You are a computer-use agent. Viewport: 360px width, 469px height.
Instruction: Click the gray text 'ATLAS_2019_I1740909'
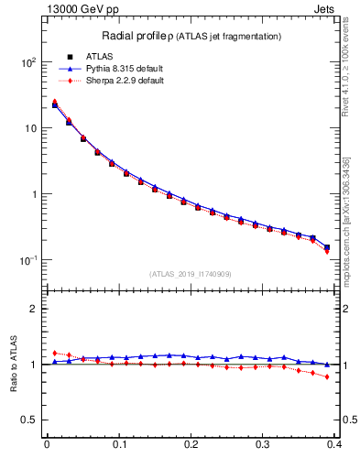coord(190,273)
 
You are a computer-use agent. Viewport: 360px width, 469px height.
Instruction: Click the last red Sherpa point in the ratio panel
coord(327,376)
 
